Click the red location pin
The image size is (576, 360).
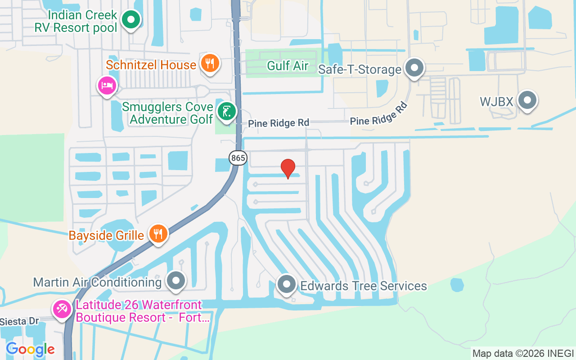click(288, 168)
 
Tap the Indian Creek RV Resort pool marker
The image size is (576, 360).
click(131, 20)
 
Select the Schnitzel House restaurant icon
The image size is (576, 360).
click(209, 63)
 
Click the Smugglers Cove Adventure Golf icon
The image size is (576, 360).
click(226, 112)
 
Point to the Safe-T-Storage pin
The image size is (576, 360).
click(414, 68)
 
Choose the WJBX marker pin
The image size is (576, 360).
click(527, 101)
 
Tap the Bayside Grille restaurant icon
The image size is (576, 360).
click(157, 234)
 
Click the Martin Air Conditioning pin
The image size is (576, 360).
click(176, 281)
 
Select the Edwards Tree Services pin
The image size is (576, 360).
click(286, 285)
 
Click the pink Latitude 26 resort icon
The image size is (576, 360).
click(61, 310)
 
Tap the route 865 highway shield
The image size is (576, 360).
click(238, 158)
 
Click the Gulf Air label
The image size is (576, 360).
click(288, 66)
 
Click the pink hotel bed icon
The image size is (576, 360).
click(107, 85)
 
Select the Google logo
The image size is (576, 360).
click(30, 349)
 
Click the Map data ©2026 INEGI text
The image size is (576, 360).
click(523, 353)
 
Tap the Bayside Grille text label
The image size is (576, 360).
click(106, 235)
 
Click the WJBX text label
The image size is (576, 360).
click(496, 102)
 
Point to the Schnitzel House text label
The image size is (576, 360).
click(151, 65)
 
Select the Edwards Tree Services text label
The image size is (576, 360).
click(364, 286)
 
